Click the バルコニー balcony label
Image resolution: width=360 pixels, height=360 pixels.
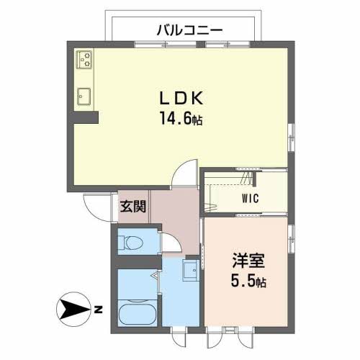189,30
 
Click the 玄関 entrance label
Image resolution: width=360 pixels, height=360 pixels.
134,207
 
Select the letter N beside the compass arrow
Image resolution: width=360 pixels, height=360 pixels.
97,310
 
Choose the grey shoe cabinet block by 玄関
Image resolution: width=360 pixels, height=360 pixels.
125,207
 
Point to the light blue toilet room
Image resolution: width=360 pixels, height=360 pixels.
135,241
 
